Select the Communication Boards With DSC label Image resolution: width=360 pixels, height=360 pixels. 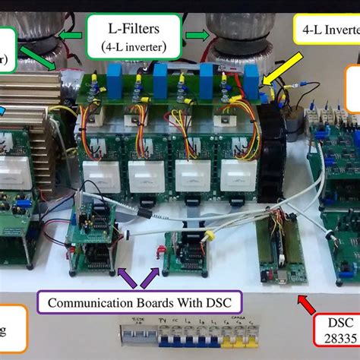pos(144,302)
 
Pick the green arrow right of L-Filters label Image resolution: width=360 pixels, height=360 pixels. pos(199,33)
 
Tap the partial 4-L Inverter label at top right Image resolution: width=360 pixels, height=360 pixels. pos(327,30)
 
